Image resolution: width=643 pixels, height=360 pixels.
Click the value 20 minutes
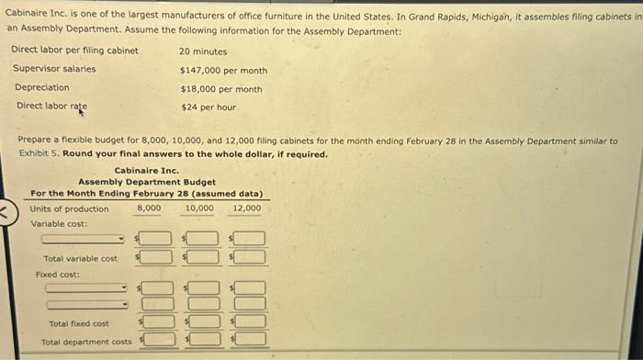point(203,51)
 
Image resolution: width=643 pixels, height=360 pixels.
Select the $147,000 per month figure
point(223,71)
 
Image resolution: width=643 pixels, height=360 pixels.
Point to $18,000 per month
point(221,89)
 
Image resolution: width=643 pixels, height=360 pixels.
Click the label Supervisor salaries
point(54,70)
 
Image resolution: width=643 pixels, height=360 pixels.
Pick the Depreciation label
point(42,88)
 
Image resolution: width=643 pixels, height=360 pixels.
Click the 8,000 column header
point(149,208)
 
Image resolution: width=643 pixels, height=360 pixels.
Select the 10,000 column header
point(199,208)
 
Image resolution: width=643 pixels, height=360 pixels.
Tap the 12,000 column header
point(246,208)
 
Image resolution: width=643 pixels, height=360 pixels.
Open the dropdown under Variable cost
point(83,240)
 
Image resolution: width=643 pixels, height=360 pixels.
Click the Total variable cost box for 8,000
point(156,257)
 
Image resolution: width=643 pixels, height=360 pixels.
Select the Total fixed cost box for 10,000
point(206,322)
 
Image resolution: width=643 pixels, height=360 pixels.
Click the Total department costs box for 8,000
point(156,340)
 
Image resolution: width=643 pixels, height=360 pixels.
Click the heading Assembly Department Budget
point(147,182)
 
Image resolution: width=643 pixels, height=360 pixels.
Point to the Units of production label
point(69,208)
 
